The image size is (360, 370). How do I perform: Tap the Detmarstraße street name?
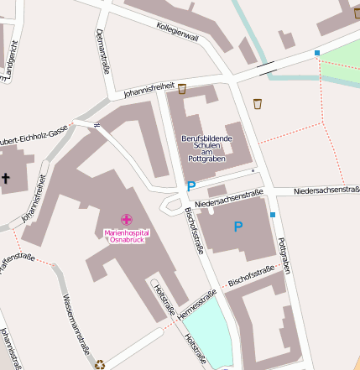(103, 51)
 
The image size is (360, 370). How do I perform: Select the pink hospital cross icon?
(126, 219)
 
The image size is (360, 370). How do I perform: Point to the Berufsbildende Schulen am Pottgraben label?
(206, 148)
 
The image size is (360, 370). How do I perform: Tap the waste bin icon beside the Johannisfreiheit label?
(182, 88)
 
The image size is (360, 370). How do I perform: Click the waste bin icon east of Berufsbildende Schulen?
(257, 104)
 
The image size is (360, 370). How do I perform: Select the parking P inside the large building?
(238, 227)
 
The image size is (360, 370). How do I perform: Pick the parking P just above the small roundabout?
(190, 186)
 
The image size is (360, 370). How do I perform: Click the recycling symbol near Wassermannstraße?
(100, 364)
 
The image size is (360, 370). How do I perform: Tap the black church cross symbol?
(5, 178)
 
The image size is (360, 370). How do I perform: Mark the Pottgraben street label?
(287, 254)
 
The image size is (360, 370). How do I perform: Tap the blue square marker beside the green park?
(317, 54)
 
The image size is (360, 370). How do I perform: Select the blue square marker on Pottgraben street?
(273, 215)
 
